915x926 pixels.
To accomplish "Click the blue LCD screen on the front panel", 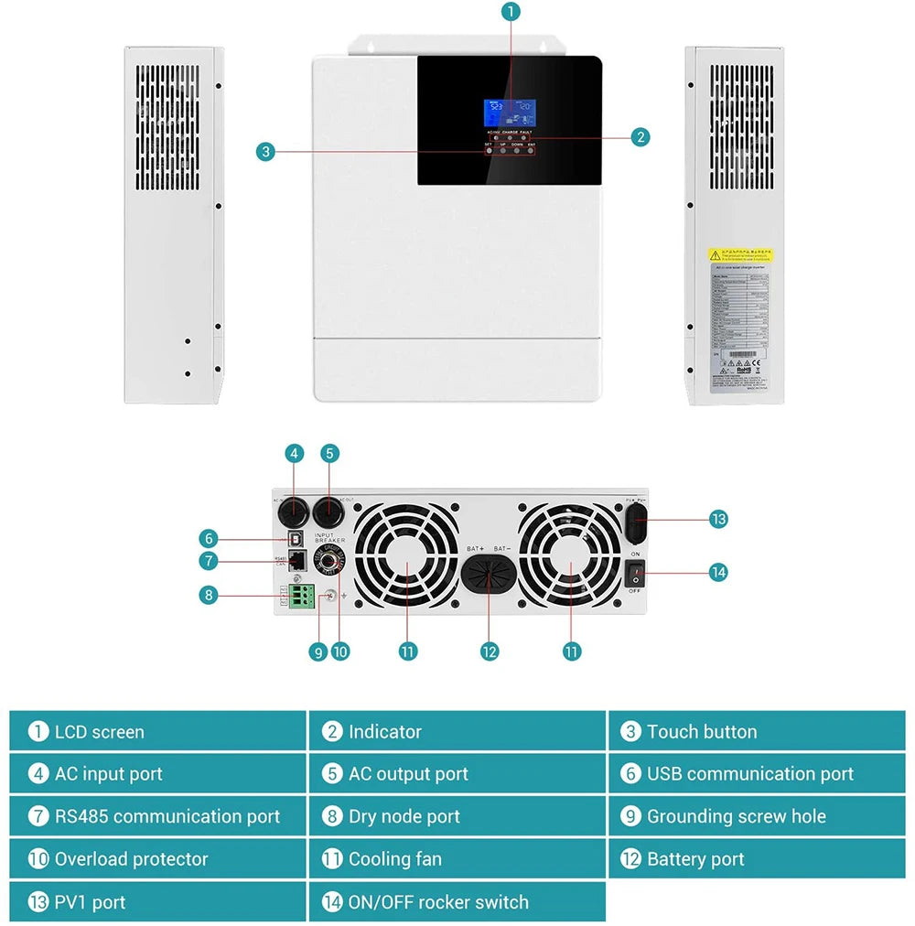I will click(x=511, y=113).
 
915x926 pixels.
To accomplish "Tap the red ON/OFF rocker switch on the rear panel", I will click(x=635, y=574).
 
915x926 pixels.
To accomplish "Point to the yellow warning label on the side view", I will click(x=740, y=254).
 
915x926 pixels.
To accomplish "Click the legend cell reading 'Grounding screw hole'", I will click(x=756, y=816).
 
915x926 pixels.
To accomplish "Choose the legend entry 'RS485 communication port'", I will click(x=157, y=816).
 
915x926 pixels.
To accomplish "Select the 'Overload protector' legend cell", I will click(x=157, y=859).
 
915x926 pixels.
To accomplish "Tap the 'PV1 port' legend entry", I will click(x=157, y=902).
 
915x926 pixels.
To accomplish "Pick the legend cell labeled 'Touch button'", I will click(x=756, y=731).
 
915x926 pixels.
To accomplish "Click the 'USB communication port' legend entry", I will click(x=756, y=774).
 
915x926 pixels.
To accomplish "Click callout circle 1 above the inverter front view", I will click(x=511, y=11).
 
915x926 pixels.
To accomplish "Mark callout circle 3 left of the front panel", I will click(x=265, y=152).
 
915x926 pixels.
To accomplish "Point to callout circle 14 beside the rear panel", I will click(x=718, y=572).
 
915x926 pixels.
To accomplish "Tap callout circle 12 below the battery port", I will click(x=490, y=651).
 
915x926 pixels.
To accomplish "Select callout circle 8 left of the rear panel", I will click(x=210, y=595).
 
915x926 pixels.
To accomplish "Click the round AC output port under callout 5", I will click(x=327, y=511).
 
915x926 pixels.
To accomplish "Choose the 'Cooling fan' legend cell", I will click(x=457, y=859).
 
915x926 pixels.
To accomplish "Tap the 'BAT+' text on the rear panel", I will click(x=475, y=548).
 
